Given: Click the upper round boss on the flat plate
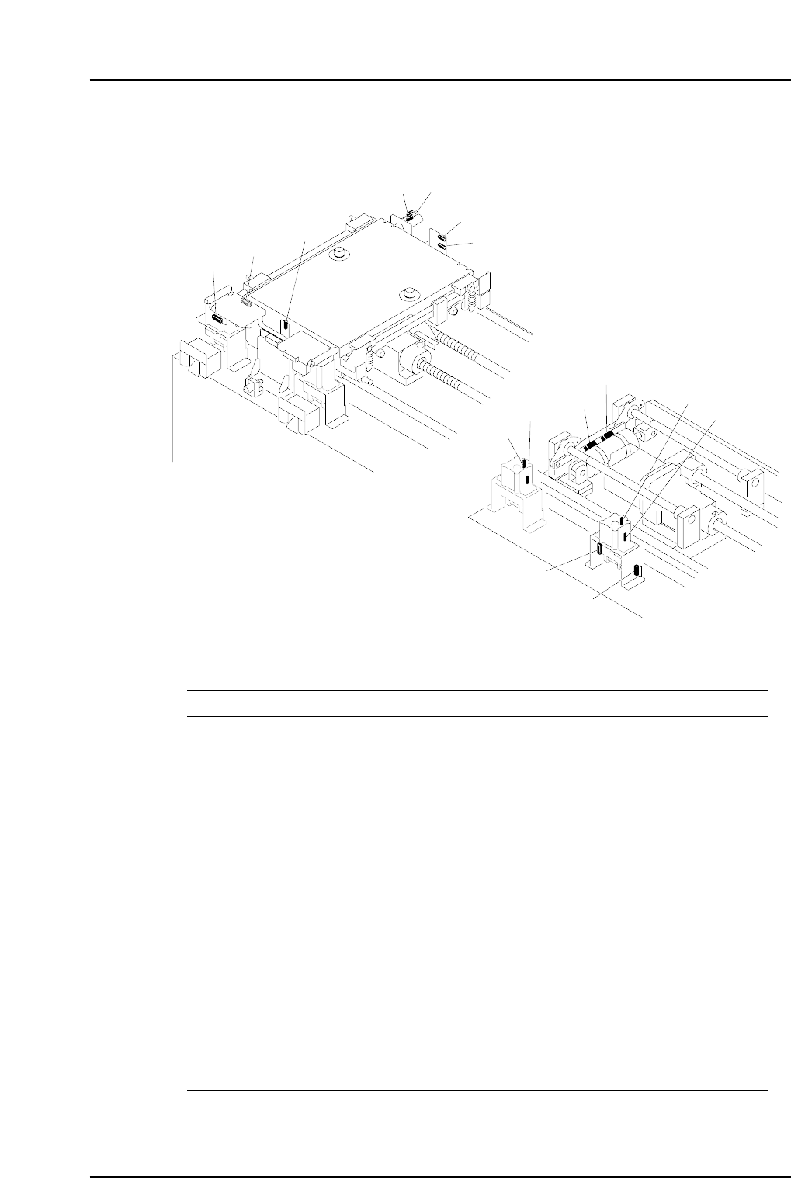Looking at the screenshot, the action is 338,254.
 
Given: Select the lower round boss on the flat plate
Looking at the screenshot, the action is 405,293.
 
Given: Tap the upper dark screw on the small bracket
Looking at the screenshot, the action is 442,237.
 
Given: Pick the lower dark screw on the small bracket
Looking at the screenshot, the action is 442,246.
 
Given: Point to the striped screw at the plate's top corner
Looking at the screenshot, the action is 411,215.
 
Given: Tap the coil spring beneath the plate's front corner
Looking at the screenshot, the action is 370,359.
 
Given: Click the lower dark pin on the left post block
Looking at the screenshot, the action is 528,479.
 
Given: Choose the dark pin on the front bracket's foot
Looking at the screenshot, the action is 637,572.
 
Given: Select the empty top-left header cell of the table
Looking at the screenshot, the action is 231,703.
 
